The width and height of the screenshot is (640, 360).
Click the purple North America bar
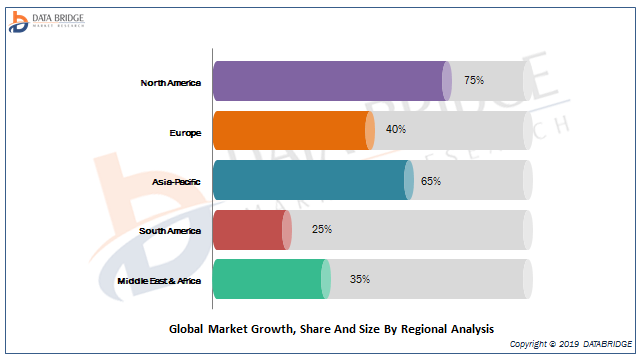click(x=332, y=81)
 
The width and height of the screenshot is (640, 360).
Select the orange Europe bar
click(x=294, y=131)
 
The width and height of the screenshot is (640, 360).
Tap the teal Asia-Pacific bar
click(x=313, y=180)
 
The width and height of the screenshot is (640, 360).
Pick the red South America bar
click(x=252, y=230)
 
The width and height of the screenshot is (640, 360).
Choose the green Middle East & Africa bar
click(x=272, y=279)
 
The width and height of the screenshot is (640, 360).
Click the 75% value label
click(x=474, y=80)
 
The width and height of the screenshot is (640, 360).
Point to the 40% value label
click(x=396, y=129)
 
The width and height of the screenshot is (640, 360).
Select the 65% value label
click(x=431, y=181)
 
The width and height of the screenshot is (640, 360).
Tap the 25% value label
click(x=322, y=229)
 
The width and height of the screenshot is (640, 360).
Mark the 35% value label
click(x=360, y=279)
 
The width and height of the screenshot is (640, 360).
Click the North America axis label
click(x=171, y=83)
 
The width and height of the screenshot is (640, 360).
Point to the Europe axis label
click(x=185, y=133)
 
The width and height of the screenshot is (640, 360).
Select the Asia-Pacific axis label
click(x=176, y=182)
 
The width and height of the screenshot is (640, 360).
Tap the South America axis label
click(x=170, y=231)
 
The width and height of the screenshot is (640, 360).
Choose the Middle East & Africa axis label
click(x=159, y=281)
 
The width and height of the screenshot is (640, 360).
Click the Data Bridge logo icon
click(x=18, y=22)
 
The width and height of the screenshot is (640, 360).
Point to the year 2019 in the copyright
click(x=569, y=344)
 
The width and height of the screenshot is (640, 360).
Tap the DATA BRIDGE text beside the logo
click(x=58, y=18)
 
